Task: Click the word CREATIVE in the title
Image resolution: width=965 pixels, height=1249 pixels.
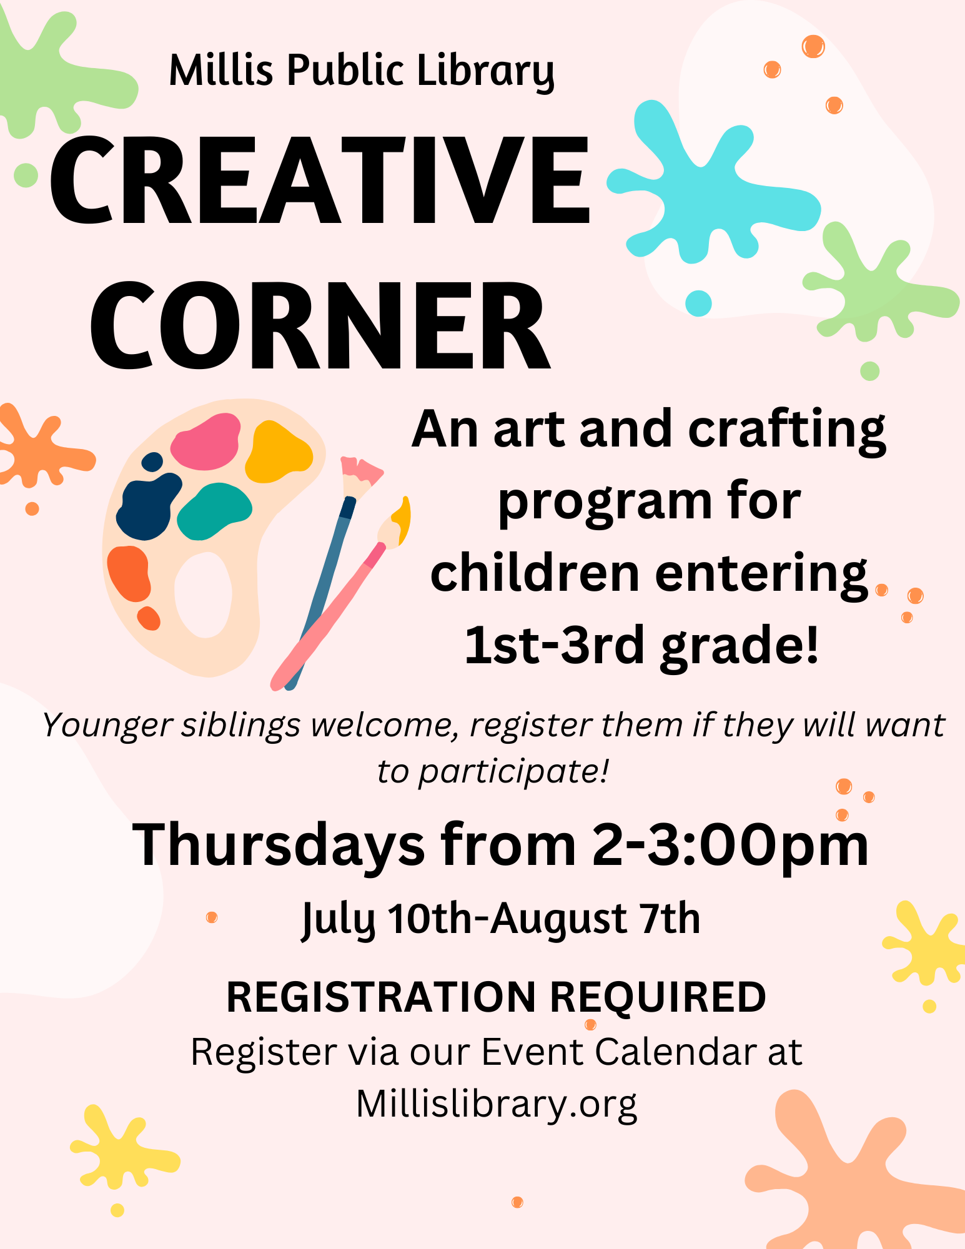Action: coord(320,181)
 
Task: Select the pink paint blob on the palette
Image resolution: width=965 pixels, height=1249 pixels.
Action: coord(205,442)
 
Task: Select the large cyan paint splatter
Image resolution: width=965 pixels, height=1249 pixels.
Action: coord(712,187)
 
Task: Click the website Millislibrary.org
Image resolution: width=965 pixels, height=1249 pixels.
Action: coord(497,1104)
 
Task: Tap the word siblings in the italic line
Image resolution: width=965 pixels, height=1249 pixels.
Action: coord(241,726)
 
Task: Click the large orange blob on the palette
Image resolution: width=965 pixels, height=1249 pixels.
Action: coord(129,573)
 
